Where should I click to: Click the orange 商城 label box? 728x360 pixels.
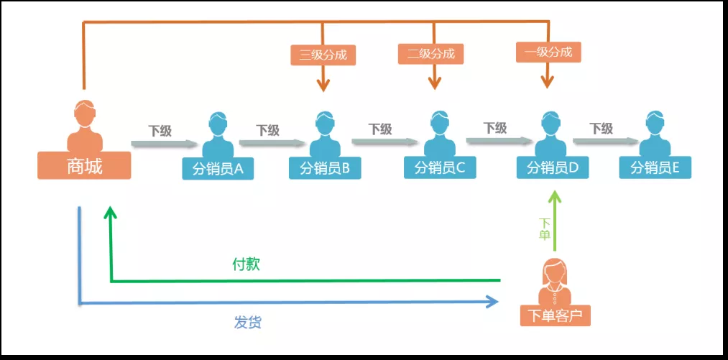(84, 167)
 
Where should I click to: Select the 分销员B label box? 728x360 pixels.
(325, 169)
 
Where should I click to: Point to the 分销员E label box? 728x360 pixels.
(655, 168)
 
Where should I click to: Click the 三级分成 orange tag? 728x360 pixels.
(323, 55)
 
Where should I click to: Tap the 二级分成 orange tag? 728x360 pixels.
(431, 53)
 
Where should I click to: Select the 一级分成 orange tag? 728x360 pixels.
(548, 52)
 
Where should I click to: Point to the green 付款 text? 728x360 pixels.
(246, 264)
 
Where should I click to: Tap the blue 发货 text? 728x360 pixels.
(247, 322)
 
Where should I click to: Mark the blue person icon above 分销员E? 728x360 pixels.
(654, 133)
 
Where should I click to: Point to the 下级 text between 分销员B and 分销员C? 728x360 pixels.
(380, 129)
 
